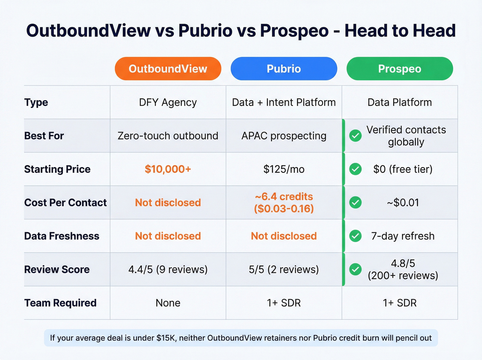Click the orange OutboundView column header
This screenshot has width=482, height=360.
pos(168,69)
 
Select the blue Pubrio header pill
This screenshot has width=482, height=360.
pos(284,69)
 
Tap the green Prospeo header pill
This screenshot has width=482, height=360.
pos(399,69)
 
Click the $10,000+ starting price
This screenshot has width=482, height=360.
pos(168,169)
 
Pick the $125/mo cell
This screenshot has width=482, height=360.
pos(284,169)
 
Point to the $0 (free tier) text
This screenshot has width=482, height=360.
pos(403,169)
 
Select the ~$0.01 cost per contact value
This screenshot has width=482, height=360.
pos(403,203)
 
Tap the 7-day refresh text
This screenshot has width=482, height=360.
pos(403,236)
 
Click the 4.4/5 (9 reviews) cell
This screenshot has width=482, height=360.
pos(168,269)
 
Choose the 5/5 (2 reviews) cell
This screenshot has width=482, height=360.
pos(284,269)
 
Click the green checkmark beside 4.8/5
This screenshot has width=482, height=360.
pos(355,269)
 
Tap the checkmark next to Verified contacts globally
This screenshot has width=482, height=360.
pos(355,136)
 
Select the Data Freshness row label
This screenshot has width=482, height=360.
pos(62,236)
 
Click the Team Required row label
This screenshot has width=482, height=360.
pos(60,303)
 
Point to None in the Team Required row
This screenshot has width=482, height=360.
pos(168,303)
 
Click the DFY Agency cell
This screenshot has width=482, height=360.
pos(168,102)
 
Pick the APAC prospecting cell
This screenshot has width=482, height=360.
pos(284,136)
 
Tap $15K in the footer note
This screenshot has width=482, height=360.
pos(166,338)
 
